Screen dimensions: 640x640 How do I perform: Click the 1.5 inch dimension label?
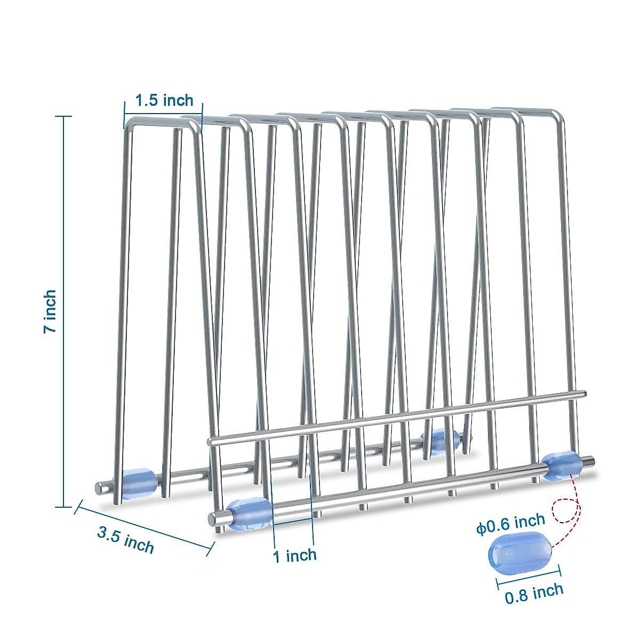click(x=164, y=100)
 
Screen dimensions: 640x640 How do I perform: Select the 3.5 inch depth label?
click(x=125, y=539)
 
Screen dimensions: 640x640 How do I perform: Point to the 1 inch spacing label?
click(x=294, y=555)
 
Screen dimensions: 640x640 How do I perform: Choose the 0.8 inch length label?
click(x=534, y=593)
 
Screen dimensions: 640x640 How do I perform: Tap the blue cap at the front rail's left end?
click(x=249, y=514)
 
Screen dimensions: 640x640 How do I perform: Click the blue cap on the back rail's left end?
click(x=139, y=483)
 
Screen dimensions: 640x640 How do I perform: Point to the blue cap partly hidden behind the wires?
click(x=440, y=439)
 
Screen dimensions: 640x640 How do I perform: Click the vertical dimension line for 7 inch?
click(x=65, y=311)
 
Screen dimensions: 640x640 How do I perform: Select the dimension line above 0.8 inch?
click(x=529, y=578)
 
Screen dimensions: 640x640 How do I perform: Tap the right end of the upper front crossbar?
click(x=583, y=394)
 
